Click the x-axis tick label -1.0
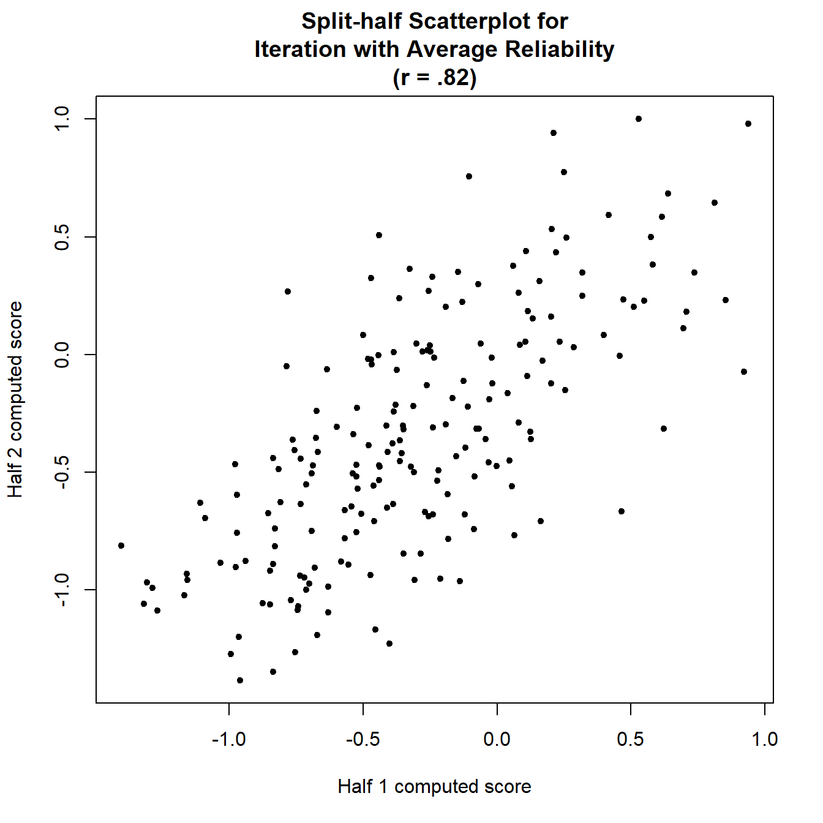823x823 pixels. (228, 740)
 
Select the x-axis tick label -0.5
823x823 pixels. (363, 740)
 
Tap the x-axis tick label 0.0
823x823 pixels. (497, 740)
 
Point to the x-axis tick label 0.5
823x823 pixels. (631, 740)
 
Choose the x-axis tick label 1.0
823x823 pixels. (765, 740)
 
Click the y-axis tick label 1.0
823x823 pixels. (63, 119)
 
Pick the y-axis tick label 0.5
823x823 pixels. (63, 237)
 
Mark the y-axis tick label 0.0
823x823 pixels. (63, 355)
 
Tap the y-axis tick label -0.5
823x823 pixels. (63, 472)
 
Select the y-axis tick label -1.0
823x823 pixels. (63, 590)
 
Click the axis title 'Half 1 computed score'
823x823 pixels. (434, 787)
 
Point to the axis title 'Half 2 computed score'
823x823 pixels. (15, 399)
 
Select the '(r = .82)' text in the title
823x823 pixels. (434, 78)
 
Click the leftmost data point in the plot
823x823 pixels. (121, 546)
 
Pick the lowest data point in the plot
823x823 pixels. (240, 680)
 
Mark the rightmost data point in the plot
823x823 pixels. (748, 124)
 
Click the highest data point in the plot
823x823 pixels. (639, 119)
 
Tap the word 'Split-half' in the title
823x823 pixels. (352, 21)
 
